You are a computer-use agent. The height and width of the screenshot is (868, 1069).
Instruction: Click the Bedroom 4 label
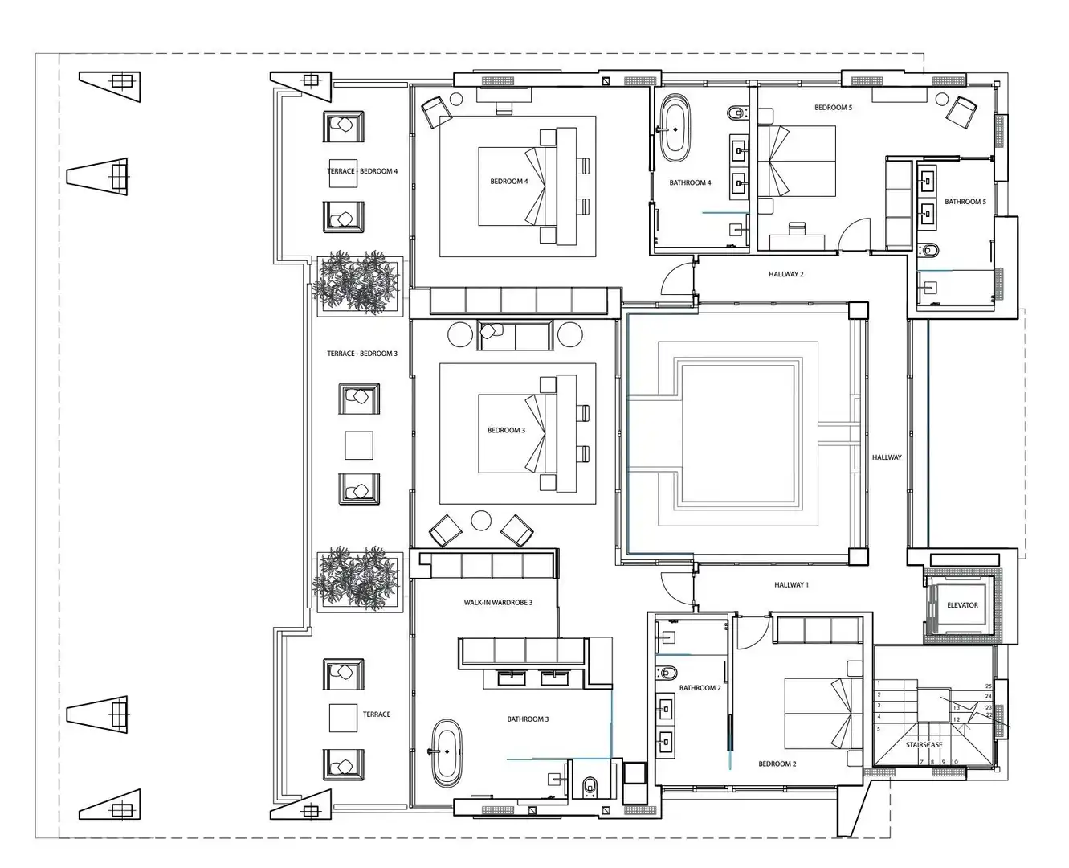(x=509, y=181)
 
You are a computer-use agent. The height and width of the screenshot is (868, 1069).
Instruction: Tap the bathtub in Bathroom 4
(x=675, y=129)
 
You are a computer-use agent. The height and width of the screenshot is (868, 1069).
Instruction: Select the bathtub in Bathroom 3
(x=447, y=754)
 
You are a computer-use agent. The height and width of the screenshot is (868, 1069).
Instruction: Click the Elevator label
(x=962, y=605)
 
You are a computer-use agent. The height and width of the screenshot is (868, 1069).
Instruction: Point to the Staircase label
(x=924, y=744)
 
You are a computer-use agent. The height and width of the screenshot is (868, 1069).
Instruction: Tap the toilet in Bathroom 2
(x=667, y=672)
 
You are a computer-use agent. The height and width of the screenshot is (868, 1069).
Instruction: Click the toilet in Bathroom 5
(x=929, y=249)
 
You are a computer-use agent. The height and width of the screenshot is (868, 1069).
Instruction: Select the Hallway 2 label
(x=786, y=274)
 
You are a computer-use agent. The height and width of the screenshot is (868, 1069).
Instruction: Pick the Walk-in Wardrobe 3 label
(x=498, y=603)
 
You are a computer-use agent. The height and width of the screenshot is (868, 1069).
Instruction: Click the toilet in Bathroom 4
(x=736, y=112)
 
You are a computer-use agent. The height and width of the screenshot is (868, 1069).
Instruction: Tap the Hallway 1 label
(x=791, y=585)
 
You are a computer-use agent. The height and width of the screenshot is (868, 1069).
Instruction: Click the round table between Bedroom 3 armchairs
(x=481, y=521)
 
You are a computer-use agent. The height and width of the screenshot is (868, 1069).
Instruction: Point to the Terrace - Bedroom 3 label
(x=362, y=354)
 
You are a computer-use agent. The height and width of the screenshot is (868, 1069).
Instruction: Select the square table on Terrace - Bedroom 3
(x=359, y=445)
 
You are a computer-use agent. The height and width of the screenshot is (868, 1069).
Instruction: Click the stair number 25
(x=989, y=686)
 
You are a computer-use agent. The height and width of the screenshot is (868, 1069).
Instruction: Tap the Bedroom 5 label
(x=833, y=108)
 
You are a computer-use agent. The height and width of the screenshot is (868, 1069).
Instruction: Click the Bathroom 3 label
(x=528, y=719)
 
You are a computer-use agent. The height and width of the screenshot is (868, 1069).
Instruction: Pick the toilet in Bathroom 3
(x=590, y=786)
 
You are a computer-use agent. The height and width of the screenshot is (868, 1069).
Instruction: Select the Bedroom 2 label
(x=777, y=764)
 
